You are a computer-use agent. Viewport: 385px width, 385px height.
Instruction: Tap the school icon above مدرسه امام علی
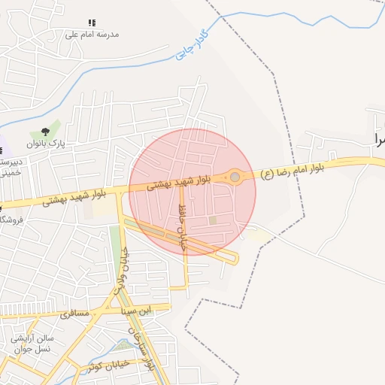(x=92, y=23)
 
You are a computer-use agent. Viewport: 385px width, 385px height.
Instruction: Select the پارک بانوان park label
(x=47, y=143)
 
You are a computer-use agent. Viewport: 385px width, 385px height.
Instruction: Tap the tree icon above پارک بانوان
(x=55, y=132)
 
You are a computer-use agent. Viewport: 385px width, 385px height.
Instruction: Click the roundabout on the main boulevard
(x=235, y=177)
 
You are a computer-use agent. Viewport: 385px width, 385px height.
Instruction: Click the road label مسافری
(x=74, y=312)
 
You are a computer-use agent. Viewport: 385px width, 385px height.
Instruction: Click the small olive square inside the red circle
(x=213, y=220)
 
